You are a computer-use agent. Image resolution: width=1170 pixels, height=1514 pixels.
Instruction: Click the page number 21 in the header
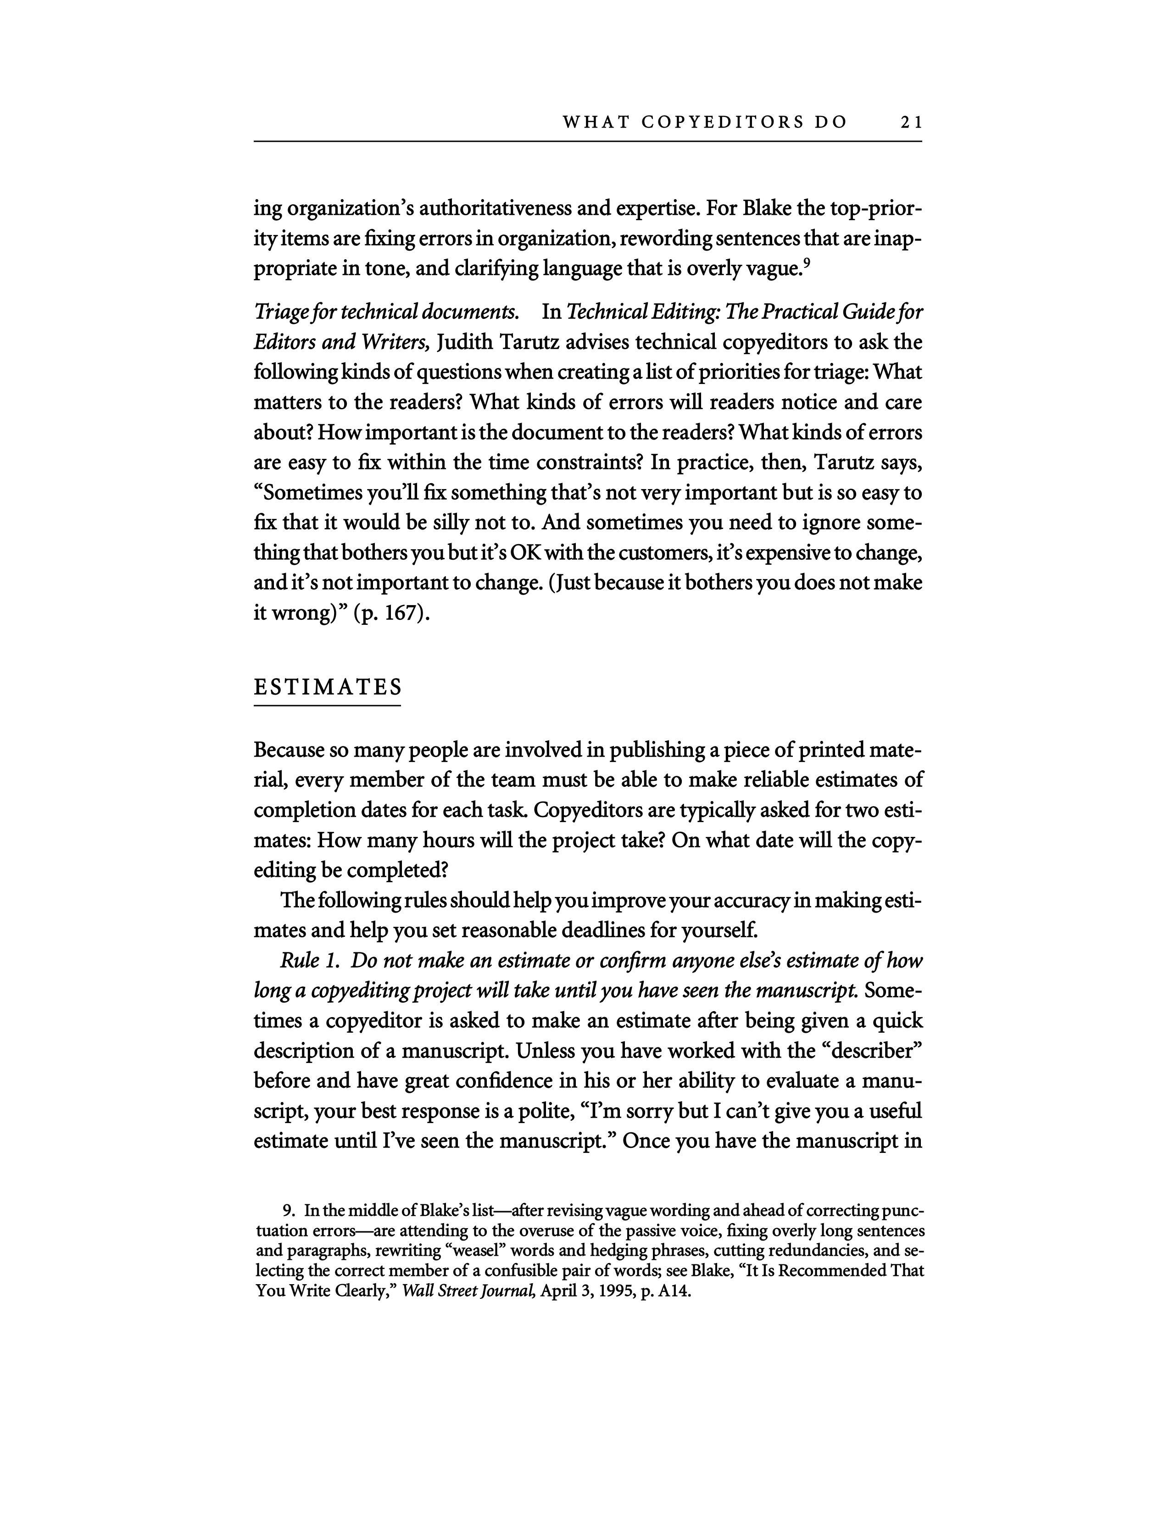point(911,122)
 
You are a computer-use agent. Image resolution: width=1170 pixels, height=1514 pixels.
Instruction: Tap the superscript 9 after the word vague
point(806,262)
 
